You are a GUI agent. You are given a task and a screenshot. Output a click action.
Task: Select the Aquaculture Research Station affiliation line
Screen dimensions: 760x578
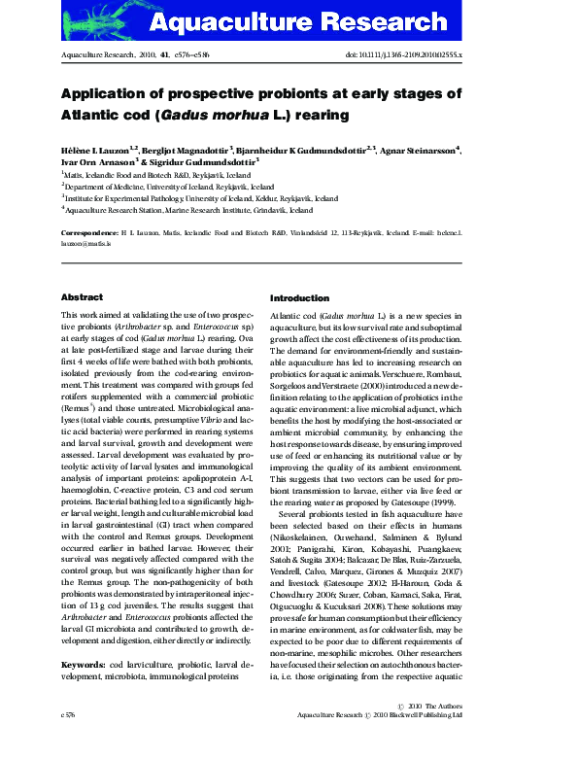pos(188,209)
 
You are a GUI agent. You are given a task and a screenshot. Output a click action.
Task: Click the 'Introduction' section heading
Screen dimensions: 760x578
pos(299,298)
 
